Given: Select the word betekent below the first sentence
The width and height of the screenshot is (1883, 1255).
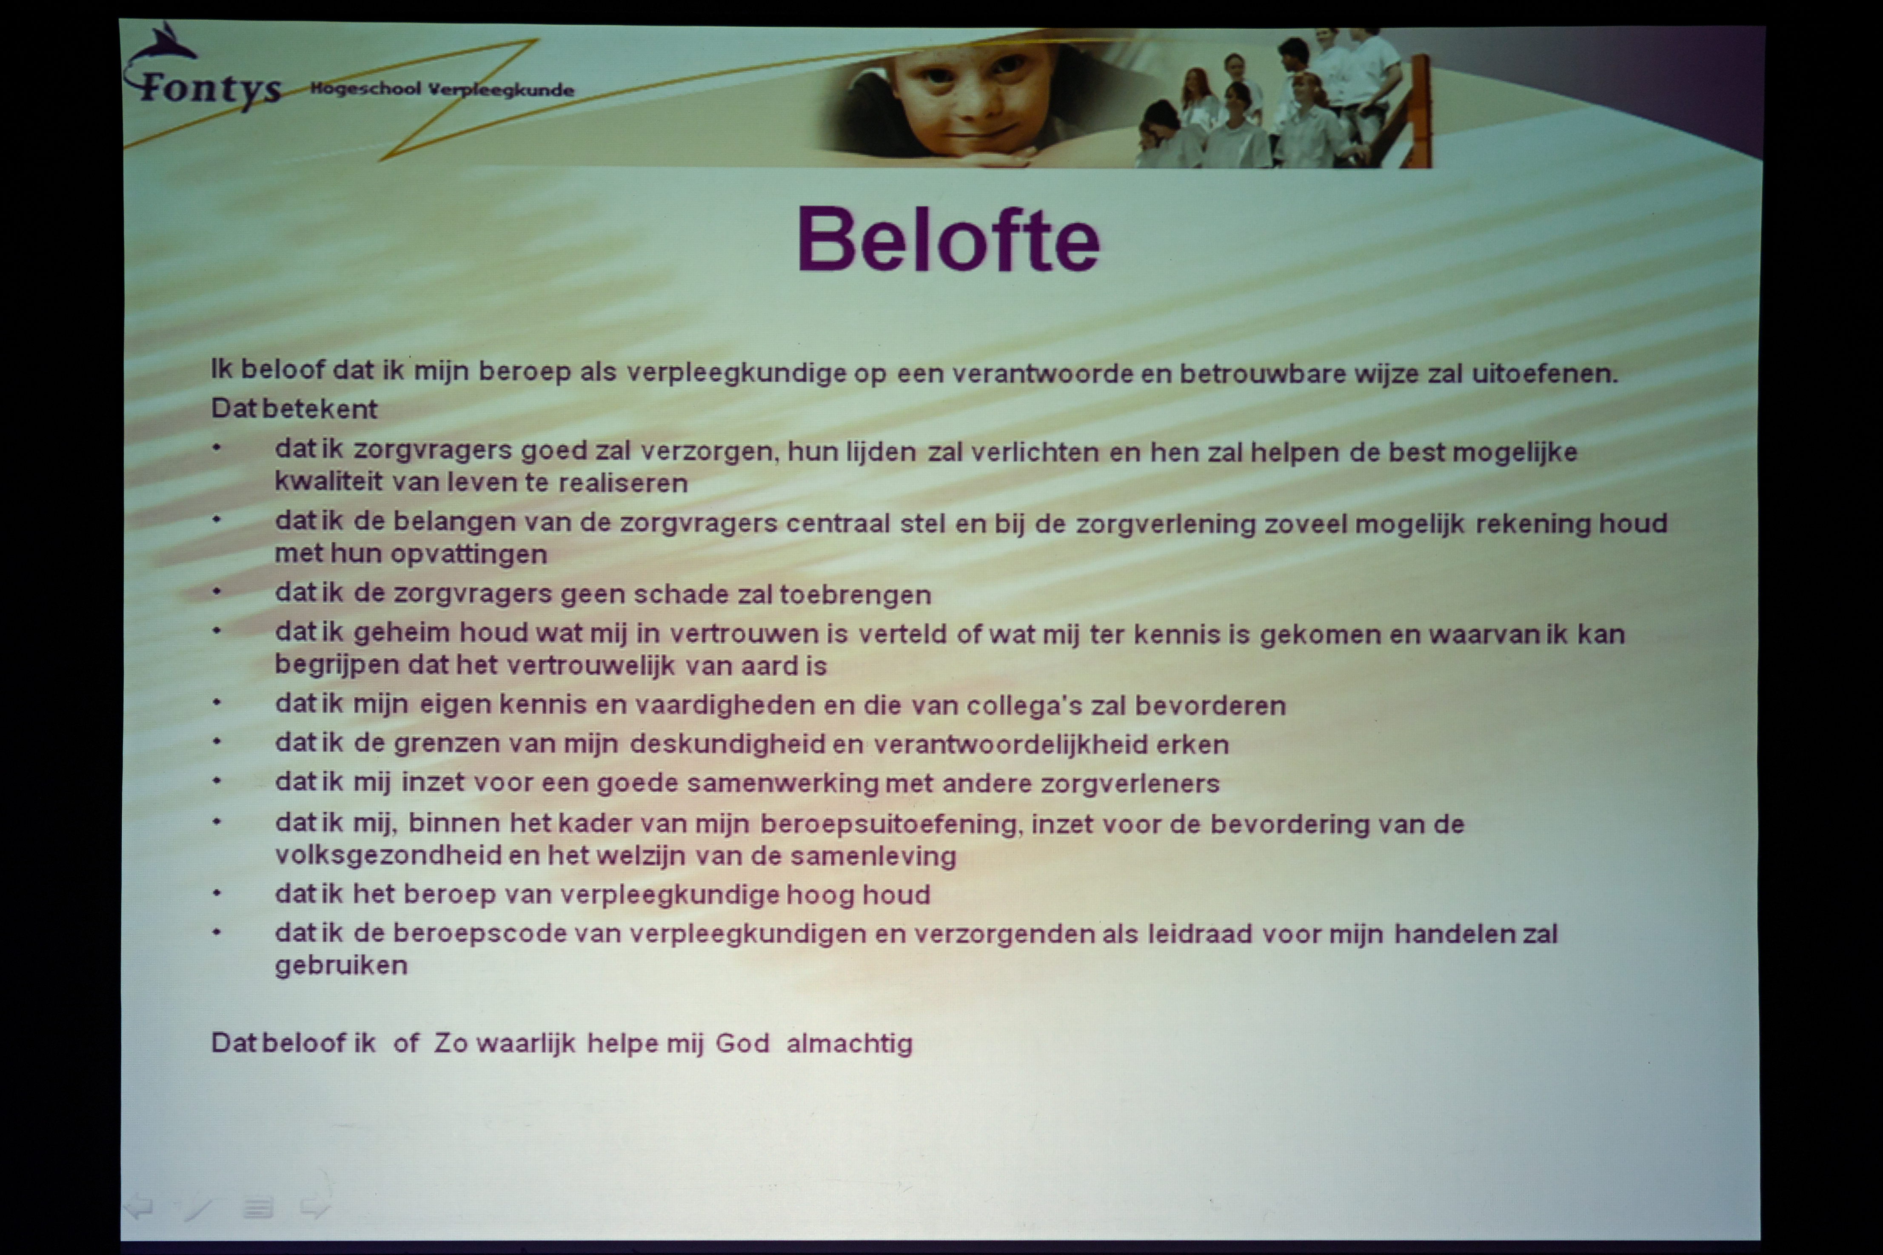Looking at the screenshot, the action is pos(320,409).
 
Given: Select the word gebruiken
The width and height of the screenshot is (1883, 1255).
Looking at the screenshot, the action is pos(341,965).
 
